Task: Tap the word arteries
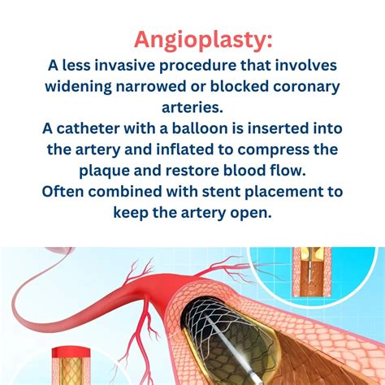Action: coord(192,107)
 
